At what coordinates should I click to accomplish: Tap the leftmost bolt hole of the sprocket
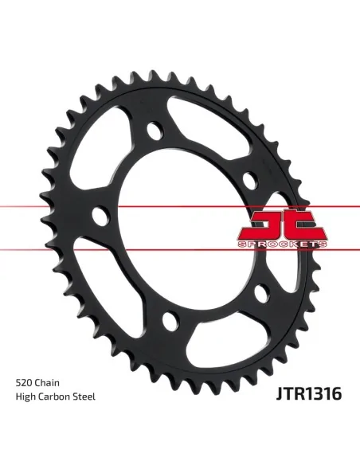100,216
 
